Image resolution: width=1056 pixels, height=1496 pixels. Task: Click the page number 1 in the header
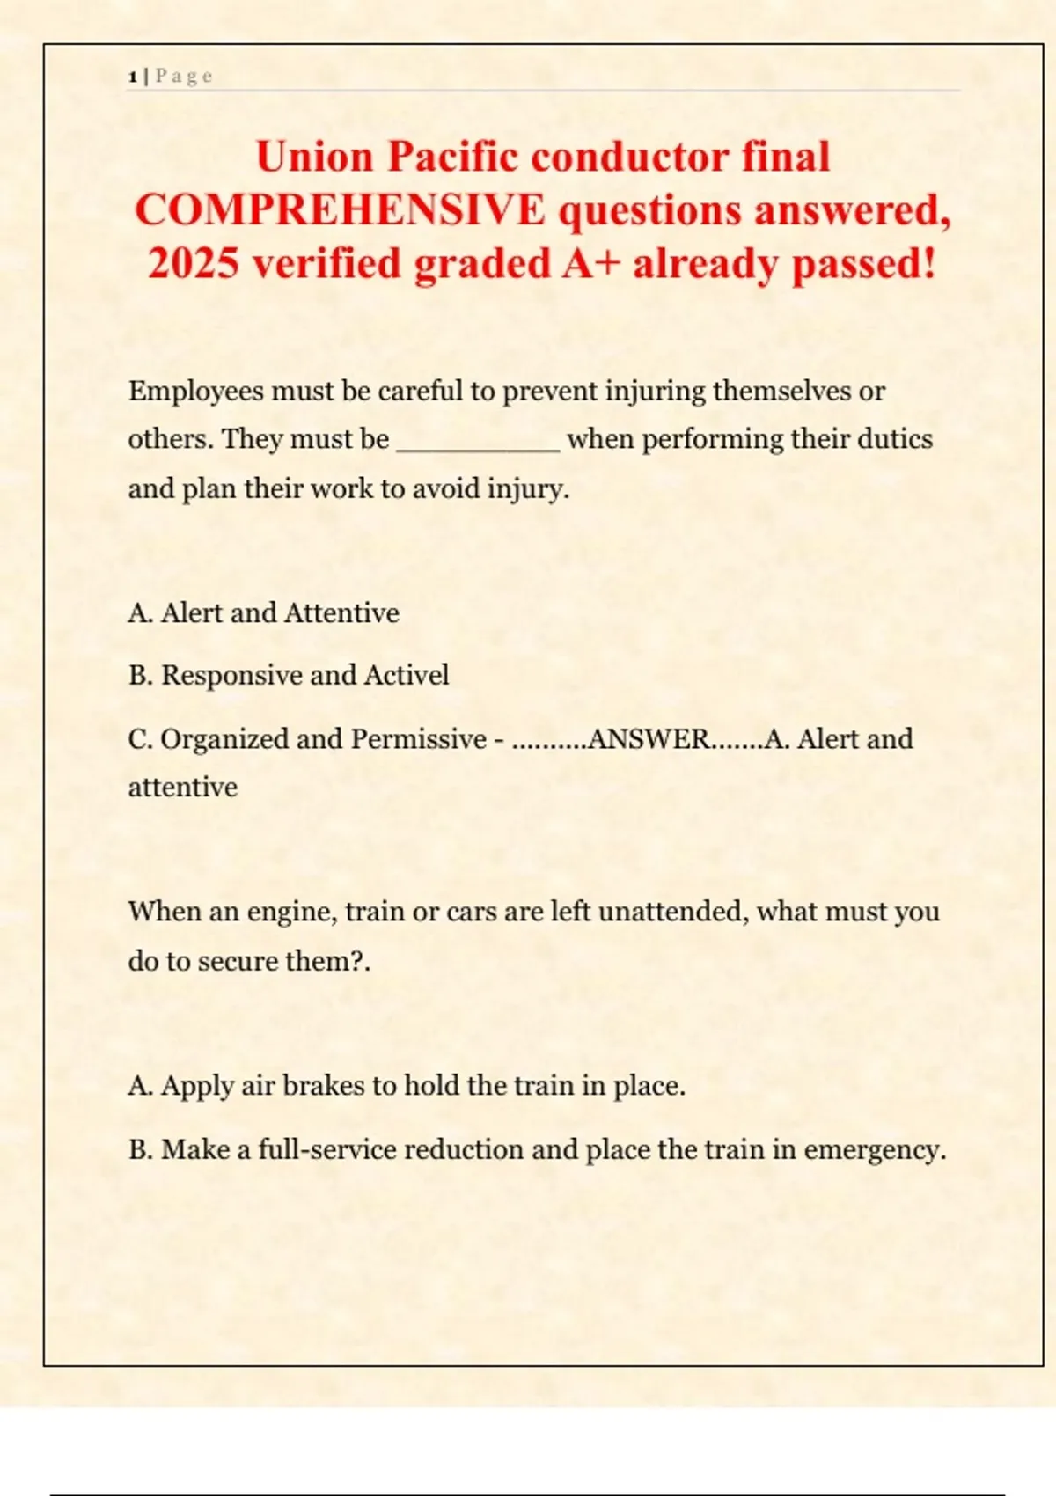pyautogui.click(x=132, y=77)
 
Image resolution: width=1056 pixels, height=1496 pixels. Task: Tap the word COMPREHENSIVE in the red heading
pyautogui.click(x=340, y=210)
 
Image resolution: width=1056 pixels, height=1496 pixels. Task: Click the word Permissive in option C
pyautogui.click(x=418, y=739)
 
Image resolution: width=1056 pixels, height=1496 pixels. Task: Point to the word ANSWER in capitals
pyautogui.click(x=648, y=739)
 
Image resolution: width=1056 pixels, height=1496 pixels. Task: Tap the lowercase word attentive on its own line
pyautogui.click(x=182, y=787)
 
